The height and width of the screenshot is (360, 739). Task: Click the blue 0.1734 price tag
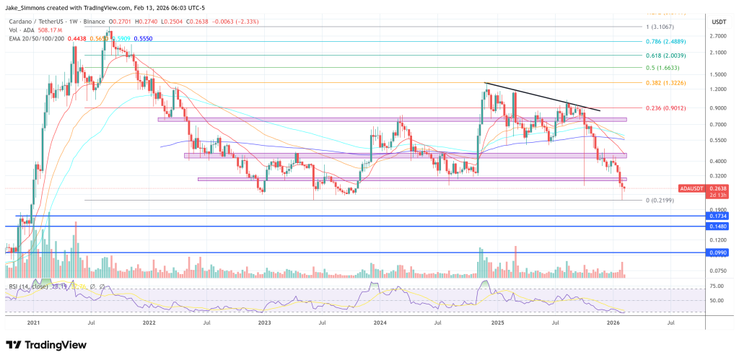point(717,216)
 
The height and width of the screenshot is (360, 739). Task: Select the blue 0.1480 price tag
point(717,226)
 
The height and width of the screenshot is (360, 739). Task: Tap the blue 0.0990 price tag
point(717,253)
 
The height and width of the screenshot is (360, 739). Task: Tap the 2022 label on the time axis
point(150,324)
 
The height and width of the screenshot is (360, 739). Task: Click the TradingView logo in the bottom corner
point(45,345)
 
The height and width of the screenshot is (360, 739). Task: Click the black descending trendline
point(541,97)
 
